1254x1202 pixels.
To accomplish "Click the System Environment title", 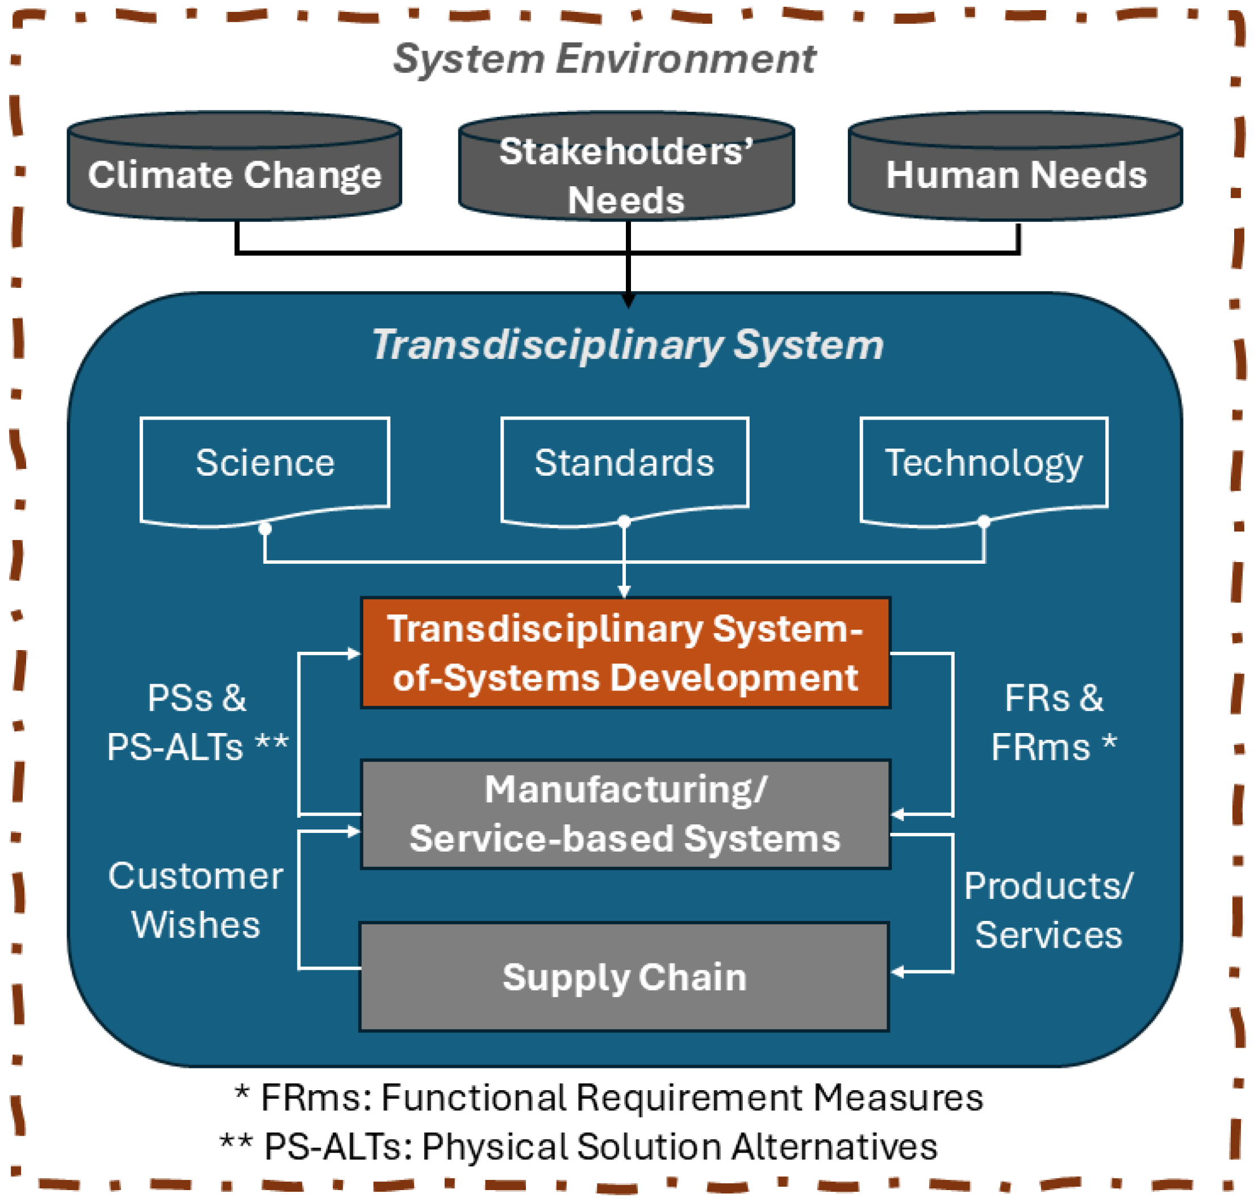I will [604, 59].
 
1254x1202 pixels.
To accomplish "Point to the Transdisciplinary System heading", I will [627, 345].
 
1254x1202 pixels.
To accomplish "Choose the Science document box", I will [265, 463].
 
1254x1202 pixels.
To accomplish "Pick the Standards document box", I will [624, 463].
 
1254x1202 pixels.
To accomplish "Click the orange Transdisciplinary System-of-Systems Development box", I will [625, 653].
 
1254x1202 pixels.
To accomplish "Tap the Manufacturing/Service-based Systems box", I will [625, 814].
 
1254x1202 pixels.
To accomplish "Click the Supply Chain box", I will [624, 977].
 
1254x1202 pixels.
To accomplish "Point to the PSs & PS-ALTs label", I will [197, 722].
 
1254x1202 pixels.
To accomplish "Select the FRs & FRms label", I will [1054, 722].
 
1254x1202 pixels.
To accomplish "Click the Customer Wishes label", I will [196, 900].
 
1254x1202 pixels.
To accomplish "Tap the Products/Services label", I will [1048, 910].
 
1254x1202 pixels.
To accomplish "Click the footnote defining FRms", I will [608, 1098].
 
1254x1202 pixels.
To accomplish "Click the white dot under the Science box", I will [265, 529].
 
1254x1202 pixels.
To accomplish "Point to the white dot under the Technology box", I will [984, 522].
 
